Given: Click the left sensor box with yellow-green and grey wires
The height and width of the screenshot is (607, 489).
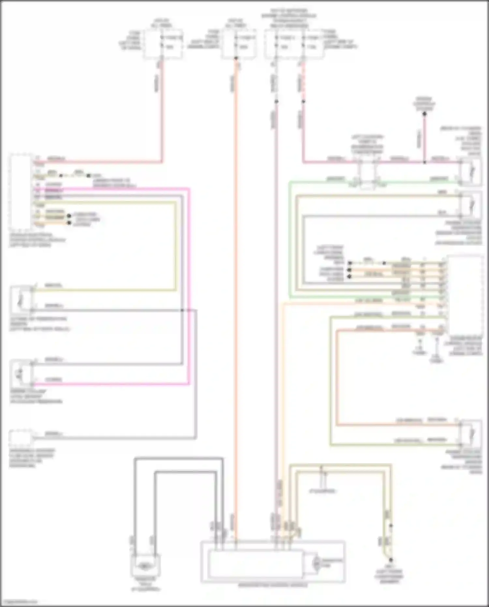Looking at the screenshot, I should tap(22, 298).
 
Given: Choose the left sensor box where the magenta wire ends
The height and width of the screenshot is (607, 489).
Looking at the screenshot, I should tap(22, 372).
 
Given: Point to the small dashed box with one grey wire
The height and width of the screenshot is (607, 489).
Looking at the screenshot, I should tap(20, 438).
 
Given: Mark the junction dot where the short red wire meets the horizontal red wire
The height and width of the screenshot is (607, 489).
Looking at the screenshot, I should tap(424, 162).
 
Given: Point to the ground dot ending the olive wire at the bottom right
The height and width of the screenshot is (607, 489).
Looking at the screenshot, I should tap(391, 560).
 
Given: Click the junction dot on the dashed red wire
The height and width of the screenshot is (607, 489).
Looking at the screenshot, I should tap(303, 101).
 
